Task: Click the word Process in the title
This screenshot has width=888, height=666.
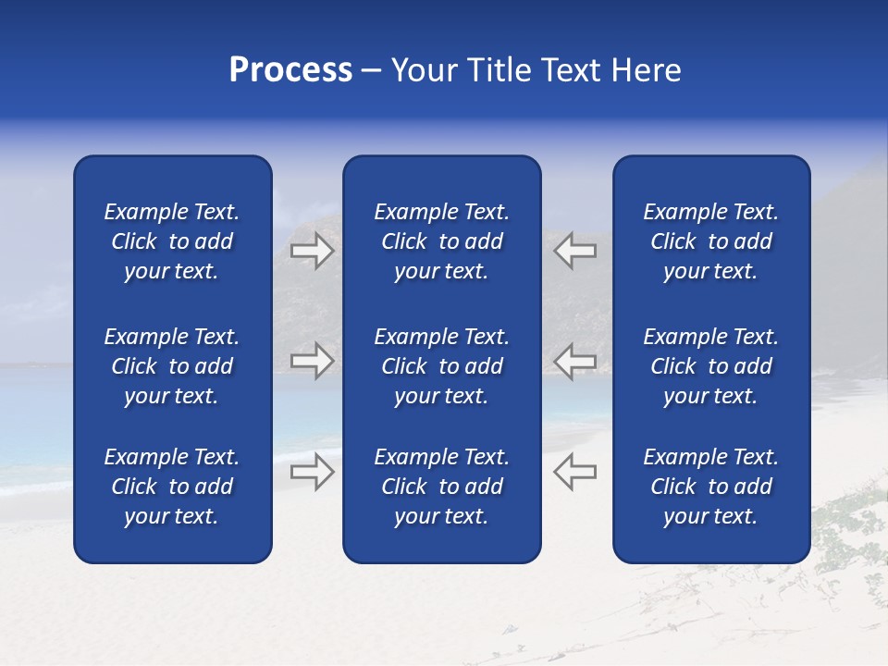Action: coord(290,70)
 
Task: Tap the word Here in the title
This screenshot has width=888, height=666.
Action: coord(646,70)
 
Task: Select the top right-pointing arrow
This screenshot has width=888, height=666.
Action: coord(312,251)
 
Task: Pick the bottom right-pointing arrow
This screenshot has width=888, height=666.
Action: coord(312,472)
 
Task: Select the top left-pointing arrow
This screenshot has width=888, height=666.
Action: coord(574,251)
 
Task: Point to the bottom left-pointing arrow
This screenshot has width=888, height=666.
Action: coord(574,472)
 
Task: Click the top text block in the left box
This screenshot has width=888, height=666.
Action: coord(172,241)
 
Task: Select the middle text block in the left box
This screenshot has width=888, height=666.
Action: coord(172,366)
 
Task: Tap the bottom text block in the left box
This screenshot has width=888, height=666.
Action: coord(172,487)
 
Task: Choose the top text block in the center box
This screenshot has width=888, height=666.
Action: coord(441,241)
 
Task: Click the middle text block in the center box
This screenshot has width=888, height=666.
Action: coord(441,366)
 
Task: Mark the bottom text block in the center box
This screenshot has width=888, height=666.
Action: coord(441,487)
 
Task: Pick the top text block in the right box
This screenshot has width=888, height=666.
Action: coord(710,241)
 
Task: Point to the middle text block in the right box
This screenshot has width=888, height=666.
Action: coord(710,366)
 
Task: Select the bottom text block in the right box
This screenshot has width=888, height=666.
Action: coord(710,487)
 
